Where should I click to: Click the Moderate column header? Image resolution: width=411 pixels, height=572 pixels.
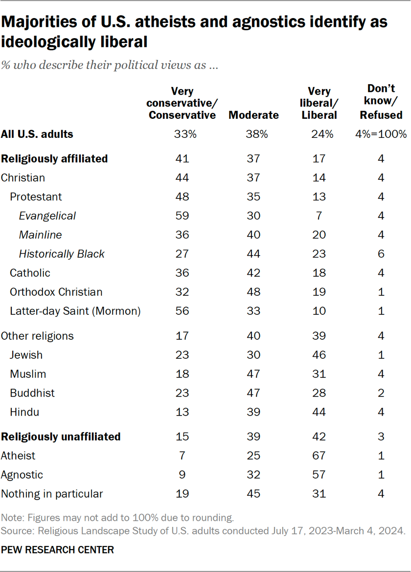click(x=253, y=115)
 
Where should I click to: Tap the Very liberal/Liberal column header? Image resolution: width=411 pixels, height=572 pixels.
click(x=319, y=103)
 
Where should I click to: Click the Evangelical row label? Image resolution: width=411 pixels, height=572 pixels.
click(x=47, y=216)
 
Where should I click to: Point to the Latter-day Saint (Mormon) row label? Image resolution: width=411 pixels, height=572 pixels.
click(x=75, y=311)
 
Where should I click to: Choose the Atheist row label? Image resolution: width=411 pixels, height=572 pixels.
click(x=18, y=456)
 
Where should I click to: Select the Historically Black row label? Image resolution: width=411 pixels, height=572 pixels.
click(x=62, y=254)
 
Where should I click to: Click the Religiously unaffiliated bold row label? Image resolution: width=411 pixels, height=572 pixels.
click(x=61, y=437)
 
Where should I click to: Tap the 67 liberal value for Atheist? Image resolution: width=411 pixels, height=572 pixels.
click(x=319, y=456)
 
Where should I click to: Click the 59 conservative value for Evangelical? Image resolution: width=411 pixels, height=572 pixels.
click(x=182, y=216)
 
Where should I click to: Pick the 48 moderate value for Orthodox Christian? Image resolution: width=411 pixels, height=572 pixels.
click(x=253, y=292)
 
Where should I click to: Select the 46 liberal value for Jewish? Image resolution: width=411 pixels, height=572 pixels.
click(x=319, y=355)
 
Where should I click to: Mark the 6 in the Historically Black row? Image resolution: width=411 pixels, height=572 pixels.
click(x=381, y=254)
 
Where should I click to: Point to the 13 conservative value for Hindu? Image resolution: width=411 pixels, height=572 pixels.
click(x=182, y=412)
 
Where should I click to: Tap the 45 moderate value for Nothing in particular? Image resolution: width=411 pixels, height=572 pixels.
click(x=253, y=494)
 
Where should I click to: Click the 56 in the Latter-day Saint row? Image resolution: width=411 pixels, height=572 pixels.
click(x=182, y=311)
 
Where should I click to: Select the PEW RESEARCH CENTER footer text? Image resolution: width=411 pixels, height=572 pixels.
click(x=57, y=550)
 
